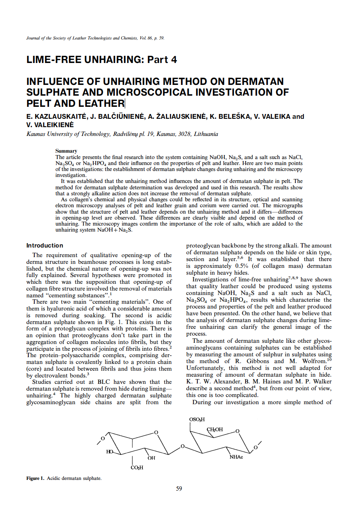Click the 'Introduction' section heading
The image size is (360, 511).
coord(45,246)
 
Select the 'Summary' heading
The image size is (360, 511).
coord(66,151)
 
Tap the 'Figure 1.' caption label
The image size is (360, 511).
coord(35,478)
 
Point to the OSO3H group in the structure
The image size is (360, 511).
coord(197,419)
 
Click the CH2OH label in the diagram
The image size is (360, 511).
coord(215,429)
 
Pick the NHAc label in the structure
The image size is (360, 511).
coord(236,457)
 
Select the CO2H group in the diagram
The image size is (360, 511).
coord(137,468)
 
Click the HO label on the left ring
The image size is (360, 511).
coord(110,452)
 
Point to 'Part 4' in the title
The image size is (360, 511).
coord(162,60)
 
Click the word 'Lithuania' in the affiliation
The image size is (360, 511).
coord(206,134)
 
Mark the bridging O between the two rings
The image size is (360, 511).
coord(182,446)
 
